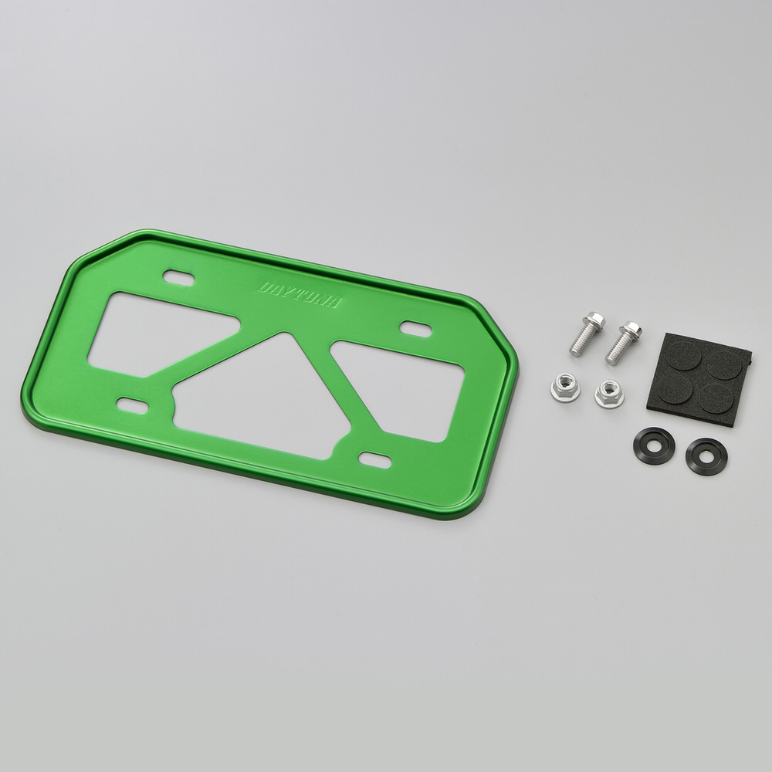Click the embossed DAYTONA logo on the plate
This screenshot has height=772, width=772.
pos(300,294)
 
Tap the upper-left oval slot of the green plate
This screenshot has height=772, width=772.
pos(179,278)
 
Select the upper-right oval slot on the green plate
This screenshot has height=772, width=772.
pos(415,329)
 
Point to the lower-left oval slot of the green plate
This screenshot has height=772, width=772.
pos(132,406)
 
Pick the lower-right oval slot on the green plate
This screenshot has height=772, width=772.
pos(374,460)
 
